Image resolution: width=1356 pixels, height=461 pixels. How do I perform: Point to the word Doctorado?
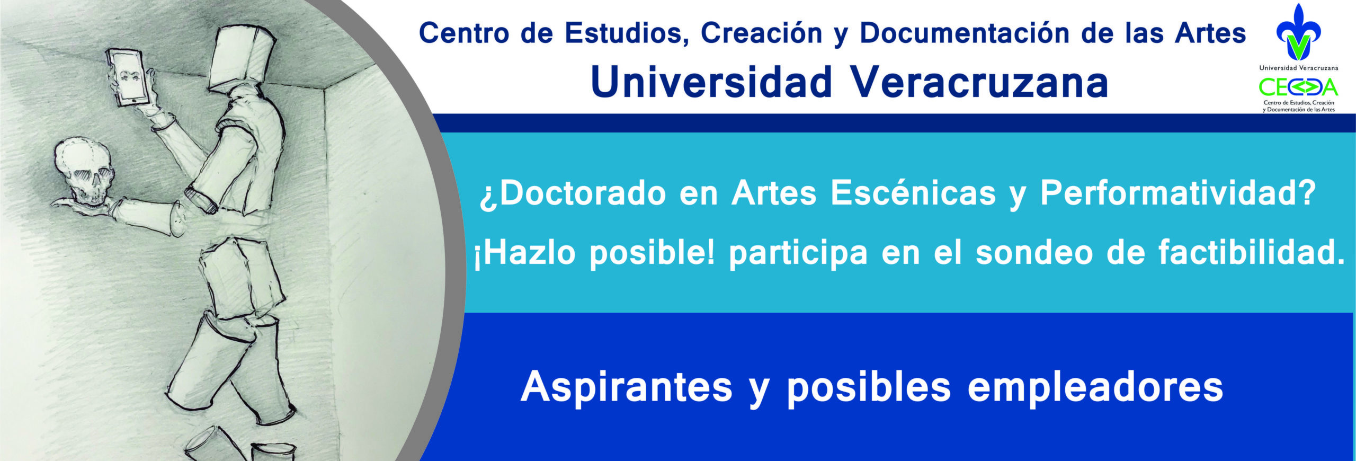572,193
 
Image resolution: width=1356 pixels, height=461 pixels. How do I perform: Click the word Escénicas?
913,193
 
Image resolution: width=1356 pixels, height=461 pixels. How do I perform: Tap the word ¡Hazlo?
524,253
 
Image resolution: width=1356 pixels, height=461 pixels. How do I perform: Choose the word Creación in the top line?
761,33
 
